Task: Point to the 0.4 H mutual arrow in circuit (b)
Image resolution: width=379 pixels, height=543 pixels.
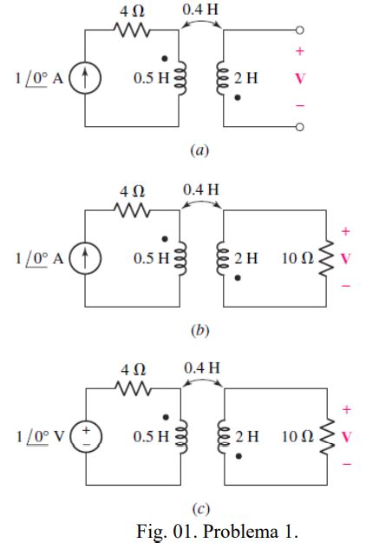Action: pyautogui.click(x=201, y=207)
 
